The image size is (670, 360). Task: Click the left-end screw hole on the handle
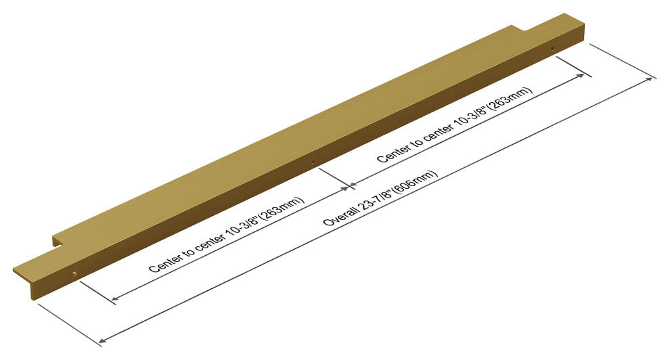(74, 273)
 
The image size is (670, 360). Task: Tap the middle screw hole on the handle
(313, 162)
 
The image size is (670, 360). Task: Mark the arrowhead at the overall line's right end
(651, 79)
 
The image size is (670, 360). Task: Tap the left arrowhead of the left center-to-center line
(114, 298)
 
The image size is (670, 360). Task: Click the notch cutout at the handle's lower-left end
(59, 242)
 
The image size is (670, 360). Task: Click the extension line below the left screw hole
(98, 292)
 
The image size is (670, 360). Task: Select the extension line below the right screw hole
(574, 67)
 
